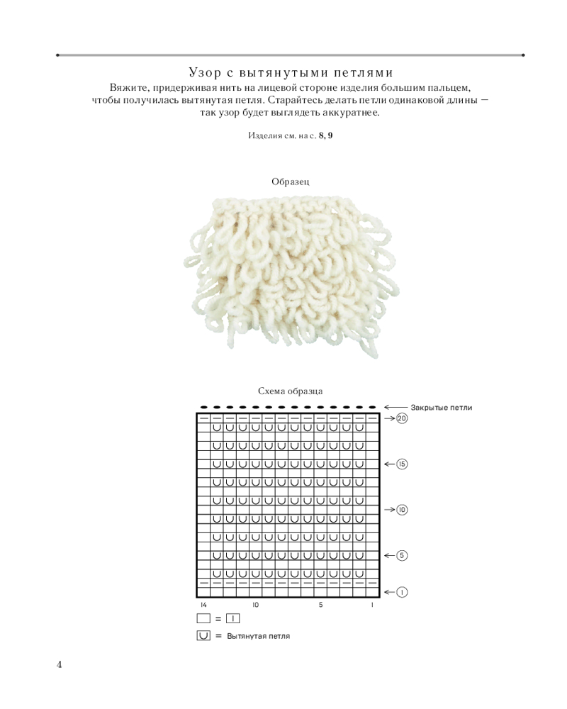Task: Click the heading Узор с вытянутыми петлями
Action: pos(291,72)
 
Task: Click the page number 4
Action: pos(60,664)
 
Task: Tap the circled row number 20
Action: pos(402,419)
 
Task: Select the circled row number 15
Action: pos(402,464)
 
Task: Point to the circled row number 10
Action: pos(402,510)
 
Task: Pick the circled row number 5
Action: pos(402,555)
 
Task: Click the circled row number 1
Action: pos(402,591)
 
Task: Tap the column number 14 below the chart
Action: pos(203,605)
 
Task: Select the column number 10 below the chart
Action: pos(255,605)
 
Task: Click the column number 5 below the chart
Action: pos(320,605)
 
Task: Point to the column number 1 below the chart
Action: pos(372,605)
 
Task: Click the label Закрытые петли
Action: pos(441,407)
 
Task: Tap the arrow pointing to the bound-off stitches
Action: pos(395,407)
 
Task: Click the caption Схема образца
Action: pos(291,391)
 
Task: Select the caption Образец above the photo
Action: pos(291,182)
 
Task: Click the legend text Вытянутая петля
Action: pos(259,636)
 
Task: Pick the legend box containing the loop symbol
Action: pos(204,635)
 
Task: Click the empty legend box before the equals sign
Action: pos(204,619)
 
